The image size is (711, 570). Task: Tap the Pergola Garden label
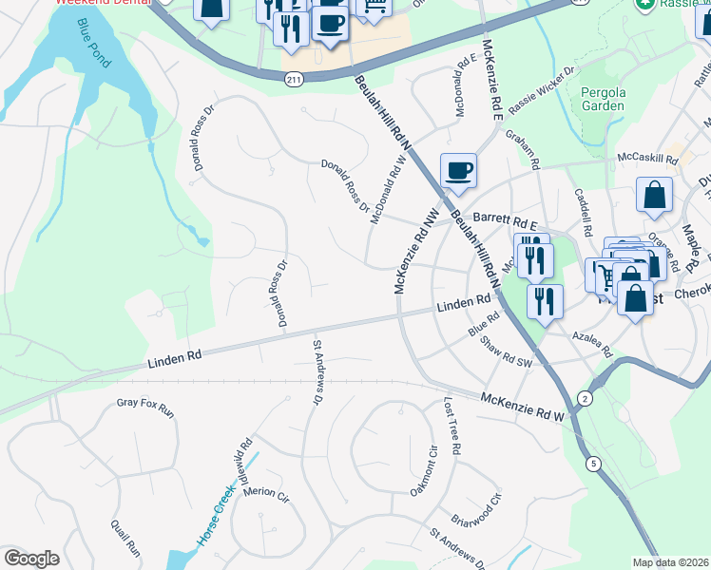(x=603, y=99)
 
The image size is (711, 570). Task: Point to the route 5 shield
(x=594, y=464)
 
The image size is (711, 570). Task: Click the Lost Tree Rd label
(x=452, y=427)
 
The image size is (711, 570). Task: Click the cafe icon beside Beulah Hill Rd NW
(x=458, y=171)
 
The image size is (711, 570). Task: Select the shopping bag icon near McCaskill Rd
(x=655, y=196)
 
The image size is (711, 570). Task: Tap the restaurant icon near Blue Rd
(x=545, y=301)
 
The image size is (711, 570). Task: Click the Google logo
(x=31, y=559)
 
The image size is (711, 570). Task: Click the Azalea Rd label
(x=593, y=343)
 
